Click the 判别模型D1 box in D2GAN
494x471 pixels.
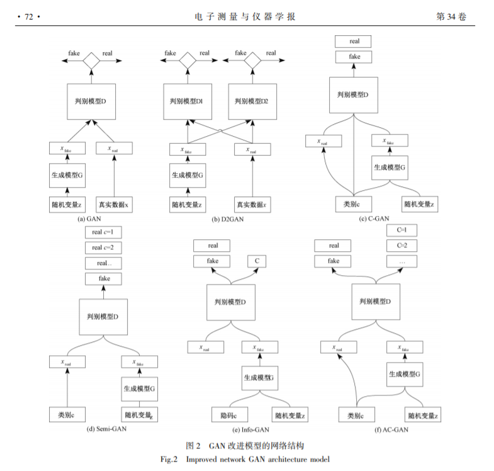tap(186, 101)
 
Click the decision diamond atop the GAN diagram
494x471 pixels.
tap(92, 60)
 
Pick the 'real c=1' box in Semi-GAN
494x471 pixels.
tap(101, 232)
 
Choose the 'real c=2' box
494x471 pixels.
tap(101, 248)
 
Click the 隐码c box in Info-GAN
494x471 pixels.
tap(229, 415)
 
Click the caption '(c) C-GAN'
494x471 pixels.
tap(374, 218)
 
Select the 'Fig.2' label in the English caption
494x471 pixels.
tap(169, 458)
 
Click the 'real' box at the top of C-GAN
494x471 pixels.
tap(354, 42)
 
